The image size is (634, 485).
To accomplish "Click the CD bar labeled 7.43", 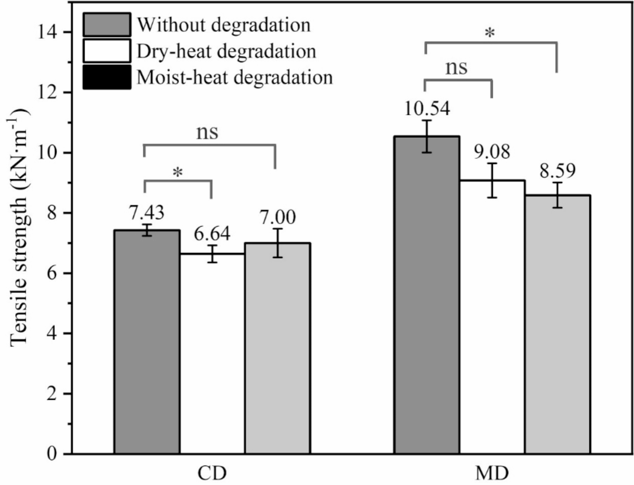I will click(147, 341).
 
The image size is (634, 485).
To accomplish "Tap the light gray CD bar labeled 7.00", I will click(278, 348).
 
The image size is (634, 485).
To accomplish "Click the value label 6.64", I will click(212, 234).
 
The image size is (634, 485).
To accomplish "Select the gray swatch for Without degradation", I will click(107, 25).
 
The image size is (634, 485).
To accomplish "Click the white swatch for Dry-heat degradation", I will click(107, 51).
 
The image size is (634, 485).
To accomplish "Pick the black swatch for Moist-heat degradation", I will click(107, 77).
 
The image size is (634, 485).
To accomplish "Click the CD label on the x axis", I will click(212, 473).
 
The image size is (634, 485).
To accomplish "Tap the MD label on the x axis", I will click(492, 473).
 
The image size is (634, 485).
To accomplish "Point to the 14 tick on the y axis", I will click(47, 33).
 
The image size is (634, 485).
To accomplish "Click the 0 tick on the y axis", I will click(52, 454).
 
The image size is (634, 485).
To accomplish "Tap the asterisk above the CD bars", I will click(178, 173).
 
